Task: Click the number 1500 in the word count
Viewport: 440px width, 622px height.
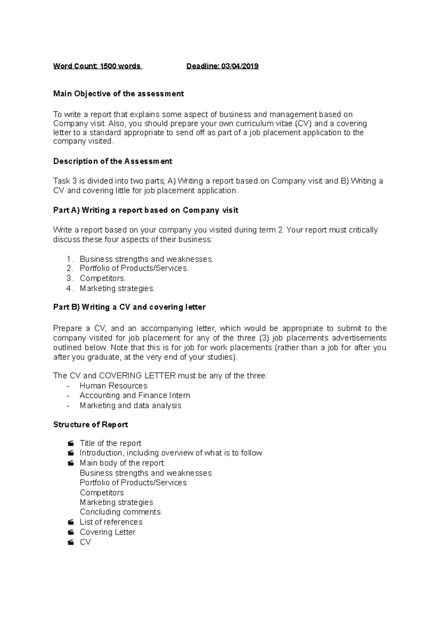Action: tap(109, 66)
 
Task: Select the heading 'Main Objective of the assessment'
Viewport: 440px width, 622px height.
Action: tap(118, 94)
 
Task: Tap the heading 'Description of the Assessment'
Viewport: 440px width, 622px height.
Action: tap(113, 161)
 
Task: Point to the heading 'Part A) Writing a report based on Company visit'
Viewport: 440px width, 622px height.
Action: tap(146, 210)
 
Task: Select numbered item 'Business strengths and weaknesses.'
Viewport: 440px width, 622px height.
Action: tap(146, 259)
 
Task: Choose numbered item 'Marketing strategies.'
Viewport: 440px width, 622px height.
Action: tap(117, 288)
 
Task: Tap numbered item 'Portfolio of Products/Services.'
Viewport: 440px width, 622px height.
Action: tap(134, 268)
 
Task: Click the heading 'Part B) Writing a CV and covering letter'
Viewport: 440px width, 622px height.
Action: tap(129, 307)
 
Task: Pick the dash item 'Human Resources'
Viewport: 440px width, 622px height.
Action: tap(113, 386)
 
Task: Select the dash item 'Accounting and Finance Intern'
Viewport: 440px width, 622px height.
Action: tap(135, 395)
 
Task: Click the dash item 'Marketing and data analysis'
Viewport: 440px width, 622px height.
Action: tap(130, 406)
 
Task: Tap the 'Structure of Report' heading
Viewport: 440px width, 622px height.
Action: tap(91, 425)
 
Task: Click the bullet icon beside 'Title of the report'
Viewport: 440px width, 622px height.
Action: tap(71, 443)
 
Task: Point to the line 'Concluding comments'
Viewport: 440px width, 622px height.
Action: tap(120, 512)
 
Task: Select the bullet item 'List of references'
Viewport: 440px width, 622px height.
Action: tap(111, 522)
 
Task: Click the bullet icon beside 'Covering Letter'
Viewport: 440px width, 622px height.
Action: tap(71, 532)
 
